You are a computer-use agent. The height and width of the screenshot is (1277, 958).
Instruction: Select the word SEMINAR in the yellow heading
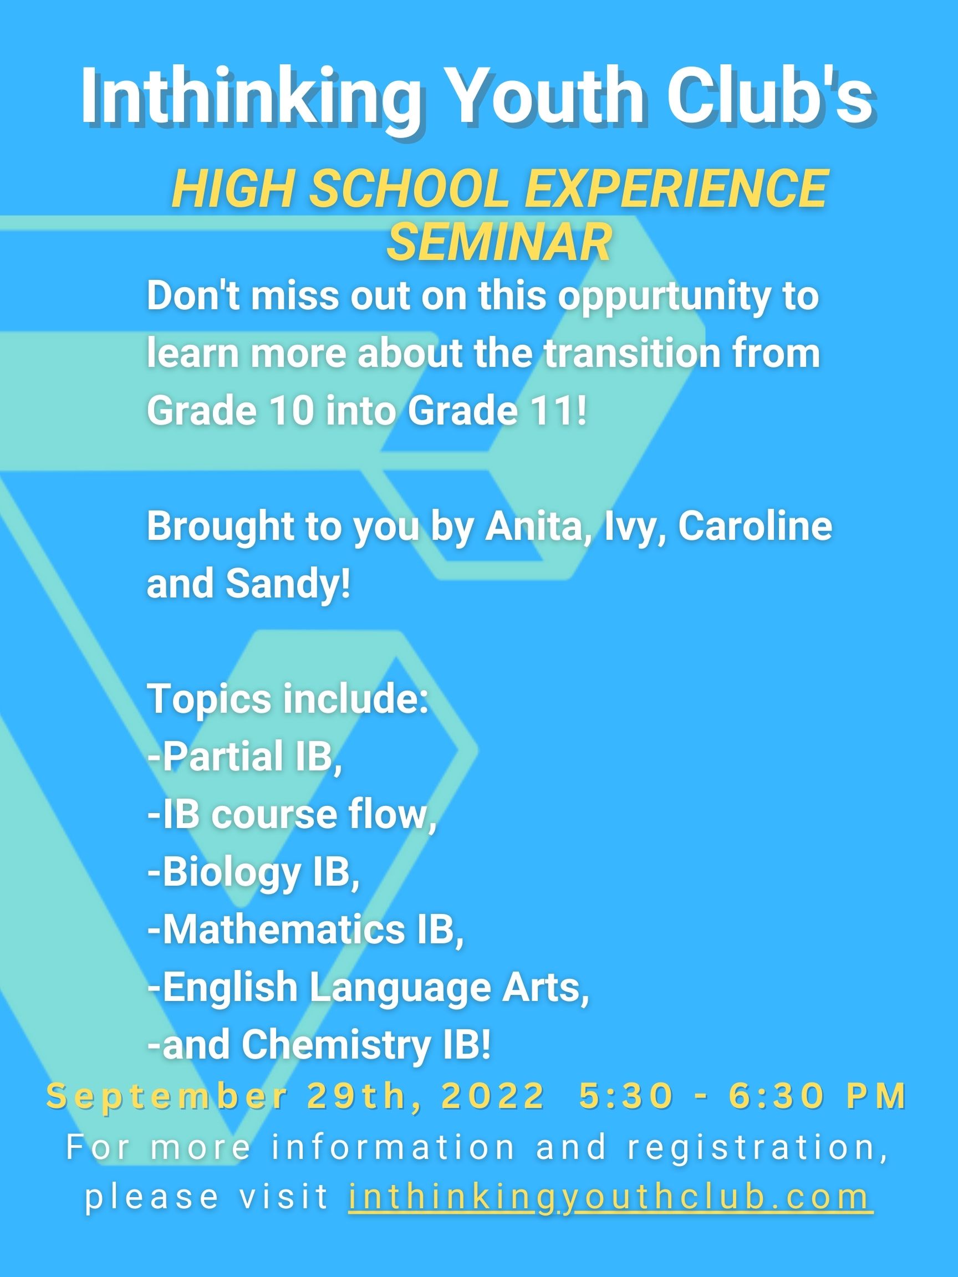click(x=499, y=242)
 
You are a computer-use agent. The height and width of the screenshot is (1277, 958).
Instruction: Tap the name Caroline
click(x=755, y=526)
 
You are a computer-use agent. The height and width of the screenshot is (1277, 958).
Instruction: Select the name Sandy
click(x=288, y=585)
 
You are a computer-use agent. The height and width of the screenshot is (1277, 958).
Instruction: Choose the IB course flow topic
click(x=292, y=814)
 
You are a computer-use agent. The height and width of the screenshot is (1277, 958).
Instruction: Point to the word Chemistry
click(x=337, y=1046)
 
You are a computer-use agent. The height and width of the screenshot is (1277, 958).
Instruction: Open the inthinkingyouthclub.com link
click(x=610, y=1197)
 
